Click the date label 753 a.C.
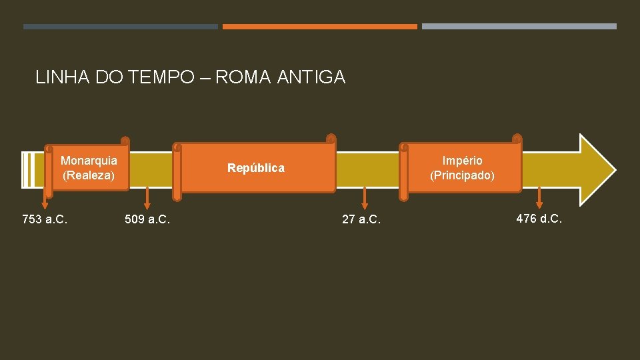(45, 219)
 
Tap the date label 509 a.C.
(147, 219)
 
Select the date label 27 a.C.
(361, 219)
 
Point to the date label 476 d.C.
(539, 218)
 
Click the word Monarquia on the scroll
(89, 161)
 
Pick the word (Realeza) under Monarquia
(89, 175)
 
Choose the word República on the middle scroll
(256, 168)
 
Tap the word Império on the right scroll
(463, 161)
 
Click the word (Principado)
(463, 175)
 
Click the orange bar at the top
(319, 27)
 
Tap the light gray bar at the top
(519, 27)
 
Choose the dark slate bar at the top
(121, 27)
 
